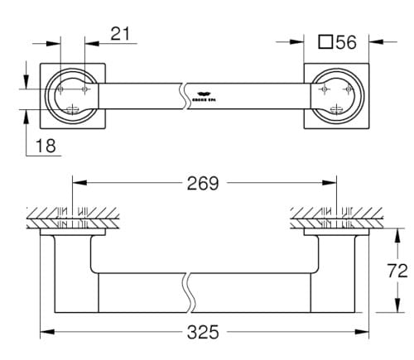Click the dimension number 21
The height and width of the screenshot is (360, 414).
(122, 33)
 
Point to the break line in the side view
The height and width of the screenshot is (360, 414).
(190, 290)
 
